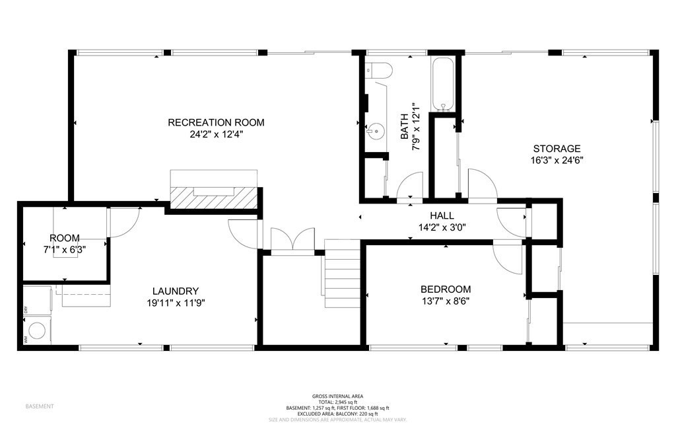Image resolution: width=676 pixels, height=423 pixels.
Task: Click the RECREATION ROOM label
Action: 216,122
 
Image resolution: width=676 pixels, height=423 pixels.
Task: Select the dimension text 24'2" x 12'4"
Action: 216,135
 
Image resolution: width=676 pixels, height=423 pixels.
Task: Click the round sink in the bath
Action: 376,131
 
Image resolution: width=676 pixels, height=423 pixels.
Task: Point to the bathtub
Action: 442,85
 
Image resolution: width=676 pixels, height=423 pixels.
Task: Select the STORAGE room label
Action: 557,149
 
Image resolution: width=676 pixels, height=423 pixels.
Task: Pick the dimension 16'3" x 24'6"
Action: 557,160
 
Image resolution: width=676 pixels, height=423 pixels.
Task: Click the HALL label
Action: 442,215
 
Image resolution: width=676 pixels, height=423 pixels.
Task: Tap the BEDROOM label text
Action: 446,289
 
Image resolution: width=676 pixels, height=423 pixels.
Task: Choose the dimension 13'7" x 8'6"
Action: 446,301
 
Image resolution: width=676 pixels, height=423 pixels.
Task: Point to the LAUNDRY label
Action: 176,291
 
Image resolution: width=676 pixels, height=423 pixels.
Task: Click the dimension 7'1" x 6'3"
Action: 64,250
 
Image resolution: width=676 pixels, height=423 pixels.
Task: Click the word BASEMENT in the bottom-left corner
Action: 40,406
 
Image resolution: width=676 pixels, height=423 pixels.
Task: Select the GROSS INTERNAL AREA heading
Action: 337,396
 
